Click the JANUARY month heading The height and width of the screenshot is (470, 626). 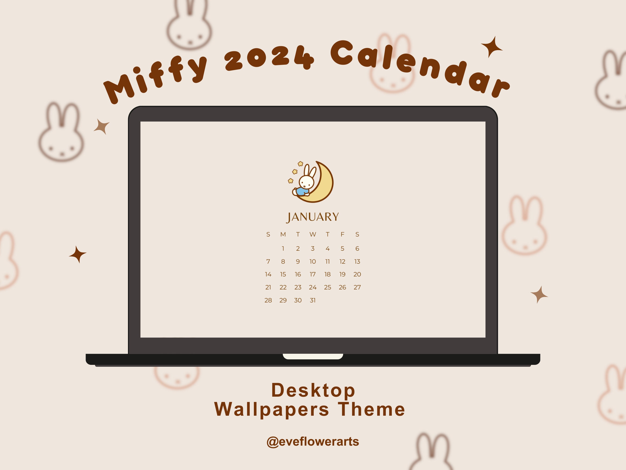(313, 217)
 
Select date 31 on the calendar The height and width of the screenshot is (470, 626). (313, 300)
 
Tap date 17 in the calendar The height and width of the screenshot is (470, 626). (313, 274)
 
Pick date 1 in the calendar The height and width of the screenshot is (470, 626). (283, 248)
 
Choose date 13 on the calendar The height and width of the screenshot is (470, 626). (357, 262)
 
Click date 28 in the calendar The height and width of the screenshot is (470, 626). (268, 300)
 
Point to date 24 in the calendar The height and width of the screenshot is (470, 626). (313, 287)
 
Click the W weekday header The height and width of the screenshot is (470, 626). (313, 234)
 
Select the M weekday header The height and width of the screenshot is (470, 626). (283, 234)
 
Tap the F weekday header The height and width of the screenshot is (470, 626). (342, 234)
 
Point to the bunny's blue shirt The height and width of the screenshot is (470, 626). (302, 191)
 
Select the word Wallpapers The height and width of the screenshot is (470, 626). (272, 409)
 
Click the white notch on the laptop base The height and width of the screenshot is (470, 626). (313, 357)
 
